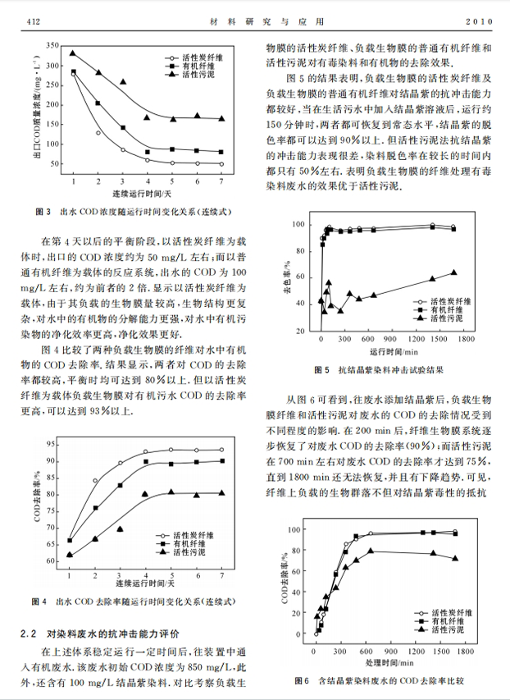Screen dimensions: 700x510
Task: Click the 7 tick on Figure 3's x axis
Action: point(221,179)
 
